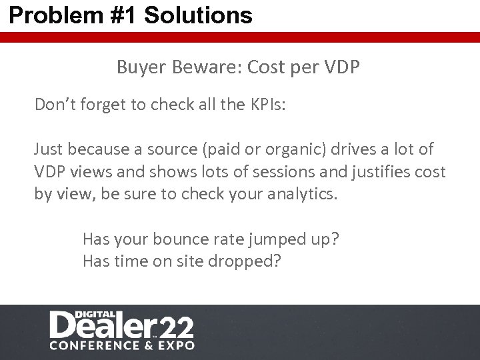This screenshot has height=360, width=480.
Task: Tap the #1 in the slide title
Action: [x=117, y=15]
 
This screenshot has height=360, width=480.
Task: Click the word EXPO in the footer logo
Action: [x=175, y=345]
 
